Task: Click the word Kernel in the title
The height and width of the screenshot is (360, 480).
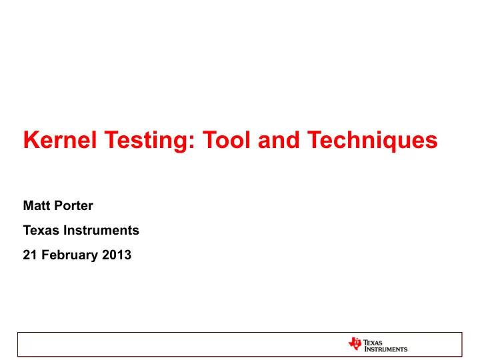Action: tap(60, 140)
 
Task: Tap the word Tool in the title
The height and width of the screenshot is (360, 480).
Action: tap(227, 140)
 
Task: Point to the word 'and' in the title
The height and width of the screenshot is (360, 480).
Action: tap(279, 140)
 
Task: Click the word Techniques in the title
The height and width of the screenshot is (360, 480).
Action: tap(372, 141)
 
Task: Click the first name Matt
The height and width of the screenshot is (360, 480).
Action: tap(37, 205)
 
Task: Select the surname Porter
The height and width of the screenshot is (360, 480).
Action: tap(74, 205)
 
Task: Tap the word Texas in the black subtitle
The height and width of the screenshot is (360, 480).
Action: tap(41, 230)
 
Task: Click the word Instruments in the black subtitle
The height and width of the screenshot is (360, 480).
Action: tap(101, 230)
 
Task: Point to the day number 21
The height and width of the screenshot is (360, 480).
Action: tap(30, 255)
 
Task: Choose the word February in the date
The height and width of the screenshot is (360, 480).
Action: tap(69, 255)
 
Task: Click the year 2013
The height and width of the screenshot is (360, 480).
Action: tap(117, 255)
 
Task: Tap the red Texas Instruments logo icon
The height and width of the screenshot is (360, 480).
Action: tap(355, 343)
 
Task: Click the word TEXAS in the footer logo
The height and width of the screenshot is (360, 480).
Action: tap(373, 343)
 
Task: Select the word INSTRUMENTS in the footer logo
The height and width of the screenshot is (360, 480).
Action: tap(386, 349)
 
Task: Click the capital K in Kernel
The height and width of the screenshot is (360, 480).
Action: tap(30, 140)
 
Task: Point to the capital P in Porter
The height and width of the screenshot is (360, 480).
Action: tap(59, 205)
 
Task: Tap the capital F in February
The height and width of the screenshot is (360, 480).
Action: tap(45, 255)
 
